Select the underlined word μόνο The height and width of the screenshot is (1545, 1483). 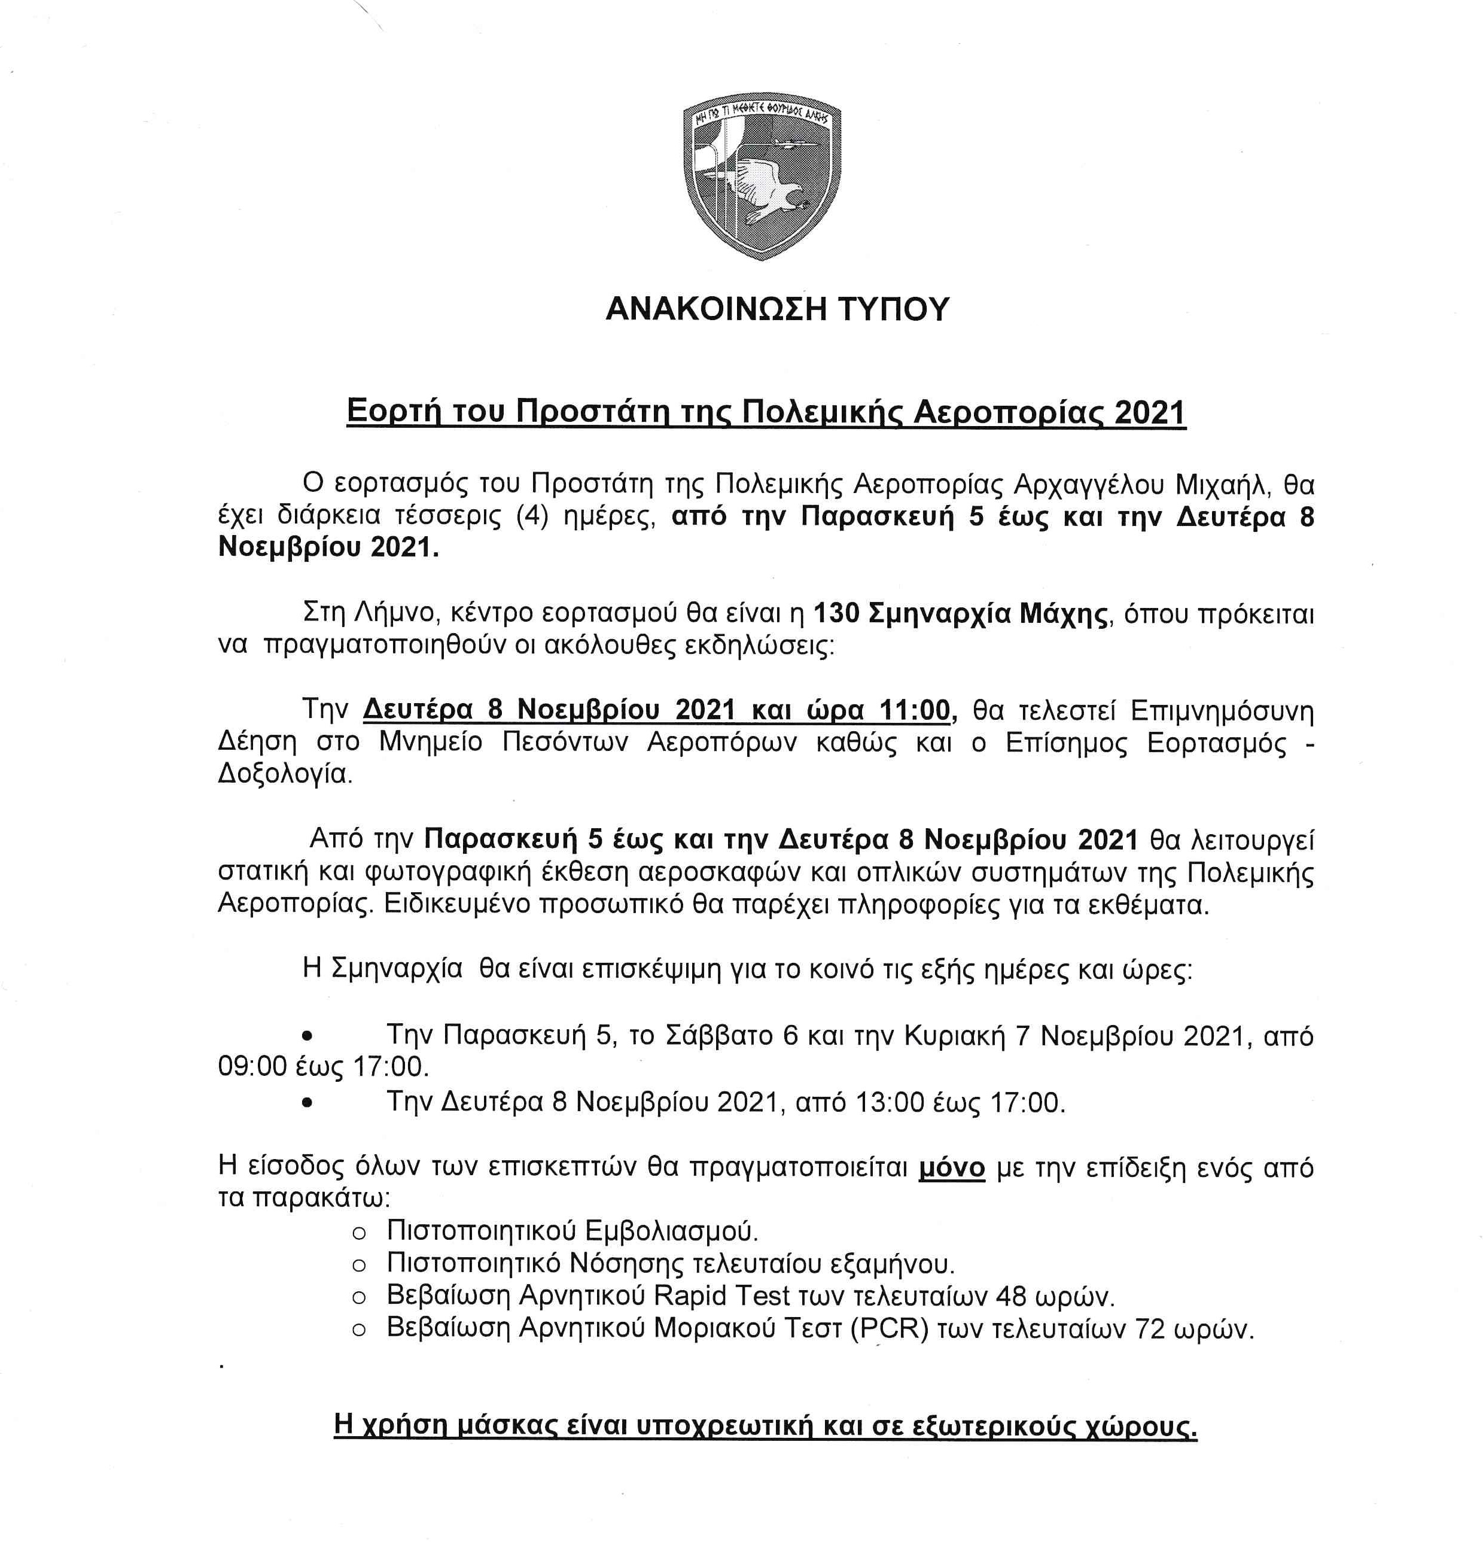coord(952,1167)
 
